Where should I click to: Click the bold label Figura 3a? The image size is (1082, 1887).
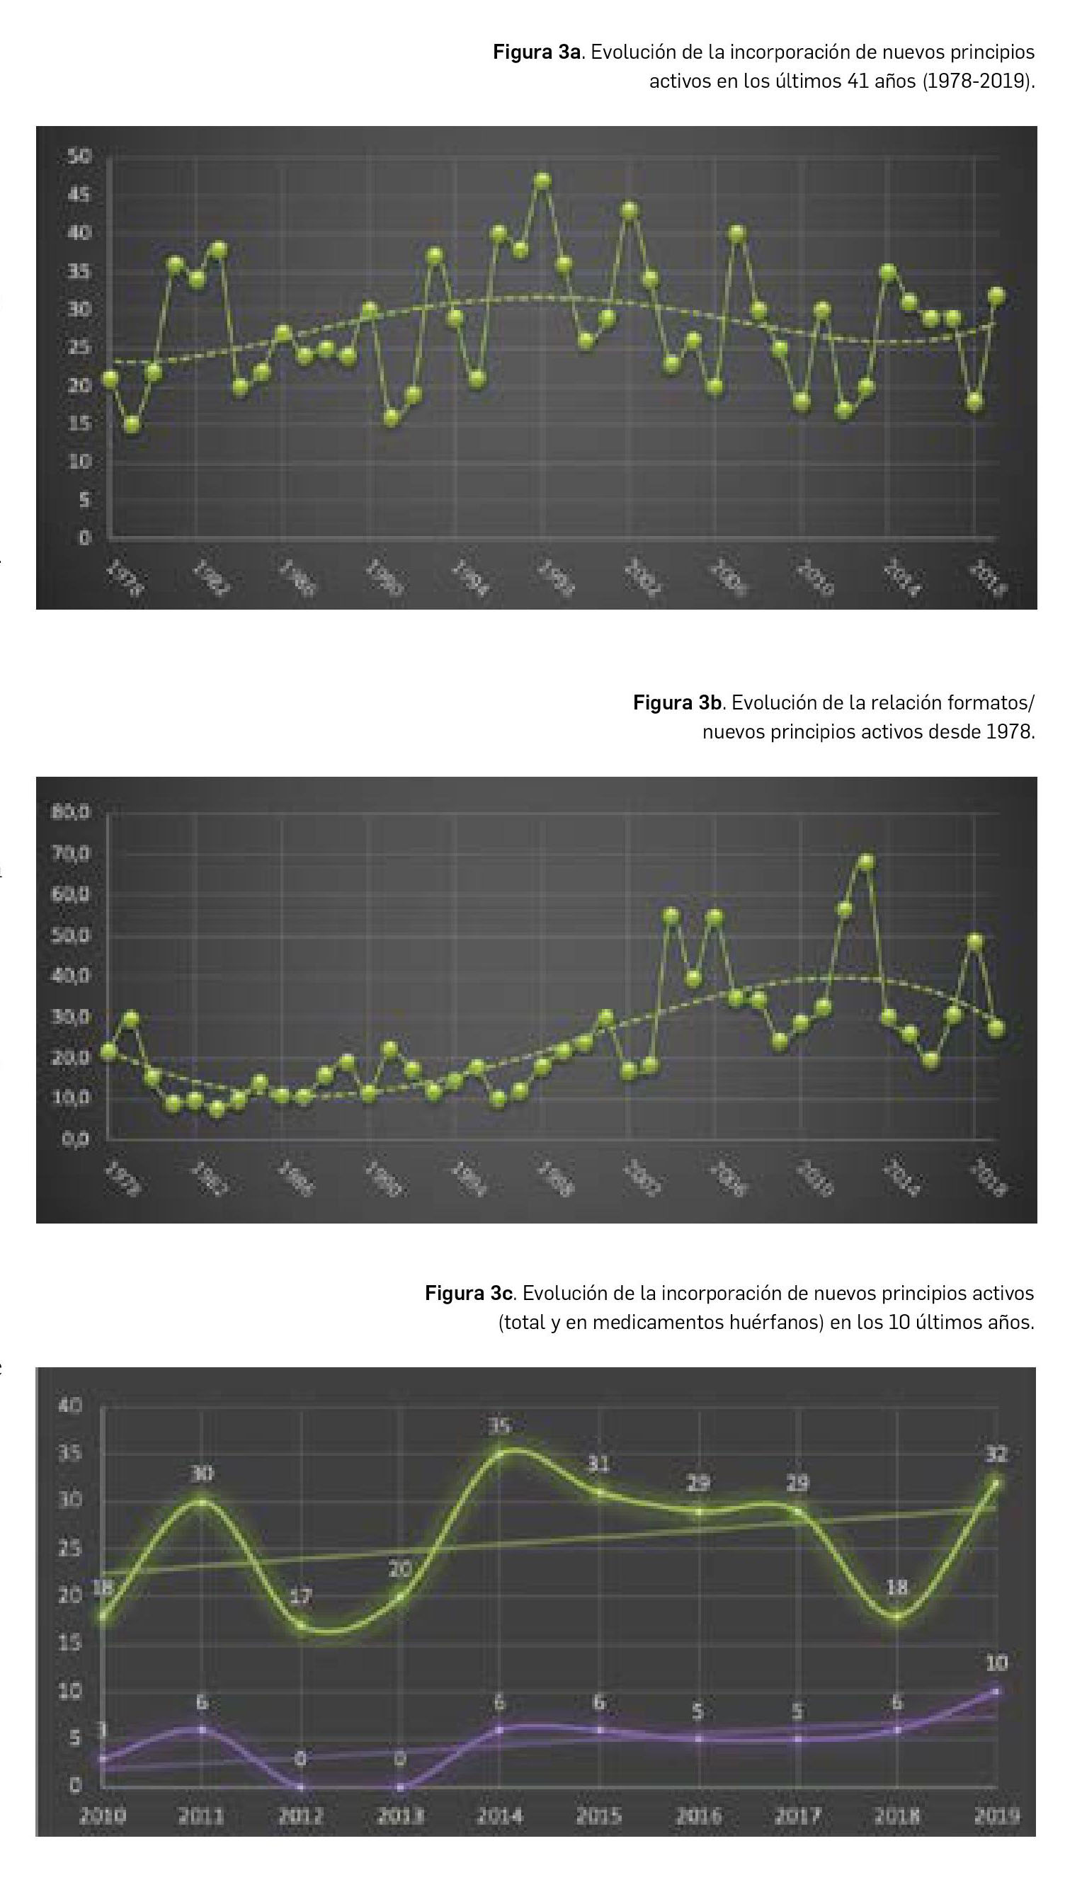pos(537,52)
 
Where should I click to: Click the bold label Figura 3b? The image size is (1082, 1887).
pos(677,703)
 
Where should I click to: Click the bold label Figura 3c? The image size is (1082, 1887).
pos(468,1294)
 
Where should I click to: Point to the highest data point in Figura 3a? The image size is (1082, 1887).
pos(543,181)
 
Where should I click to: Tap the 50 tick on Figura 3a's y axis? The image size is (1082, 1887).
pos(79,156)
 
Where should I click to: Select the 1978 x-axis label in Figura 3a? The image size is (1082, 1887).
pos(125,580)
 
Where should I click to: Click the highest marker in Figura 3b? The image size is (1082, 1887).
pos(866,862)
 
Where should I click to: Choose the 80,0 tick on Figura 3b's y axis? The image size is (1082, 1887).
pos(72,812)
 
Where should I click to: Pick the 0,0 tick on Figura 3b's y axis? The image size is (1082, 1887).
pos(75,1139)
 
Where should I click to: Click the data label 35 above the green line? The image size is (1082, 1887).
pos(500,1425)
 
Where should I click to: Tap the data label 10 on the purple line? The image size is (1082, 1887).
pos(996,1664)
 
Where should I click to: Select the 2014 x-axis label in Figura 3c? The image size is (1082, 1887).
pos(499,1815)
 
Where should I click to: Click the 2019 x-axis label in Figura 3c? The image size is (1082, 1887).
pos(996,1815)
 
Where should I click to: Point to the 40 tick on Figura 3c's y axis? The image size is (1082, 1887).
pos(70,1406)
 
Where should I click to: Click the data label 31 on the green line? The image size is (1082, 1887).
pos(599,1464)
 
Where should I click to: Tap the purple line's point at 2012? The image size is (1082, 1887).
pos(301,1786)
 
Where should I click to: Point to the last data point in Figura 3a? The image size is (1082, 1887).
pos(996,296)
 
